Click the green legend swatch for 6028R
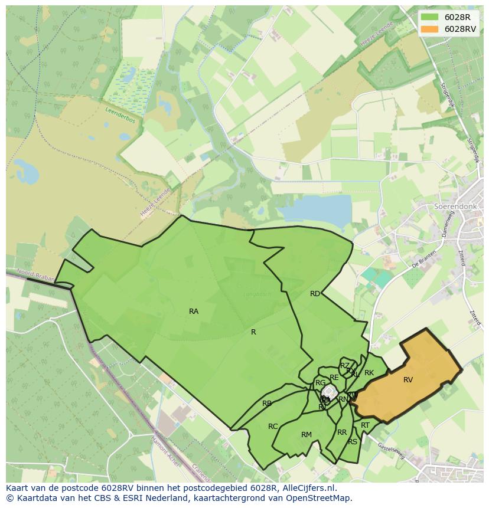pyautogui.click(x=430, y=17)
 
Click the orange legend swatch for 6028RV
pyautogui.click(x=430, y=29)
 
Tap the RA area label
pyautogui.click(x=194, y=312)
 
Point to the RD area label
pyautogui.click(x=315, y=294)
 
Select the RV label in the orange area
pyautogui.click(x=408, y=380)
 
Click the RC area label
pyautogui.click(x=273, y=427)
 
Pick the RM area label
pyautogui.click(x=306, y=435)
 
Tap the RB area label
pyautogui.click(x=267, y=404)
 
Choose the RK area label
pyautogui.click(x=369, y=373)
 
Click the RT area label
pyautogui.click(x=365, y=425)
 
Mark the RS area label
pyautogui.click(x=353, y=442)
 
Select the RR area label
pyautogui.click(x=342, y=432)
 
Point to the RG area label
pyautogui.click(x=321, y=383)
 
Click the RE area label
pyautogui.click(x=334, y=378)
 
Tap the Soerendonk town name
pyautogui.click(x=455, y=207)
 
